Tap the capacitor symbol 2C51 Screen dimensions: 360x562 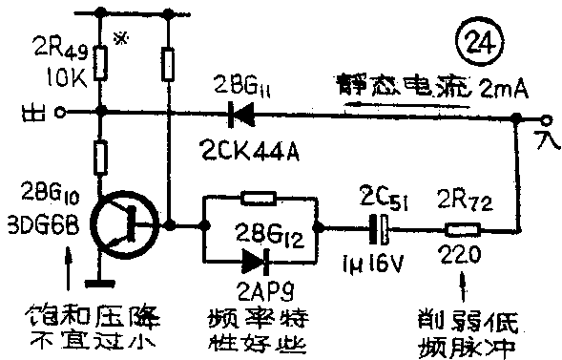pos(381,229)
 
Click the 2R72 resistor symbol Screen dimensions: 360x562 pos(465,229)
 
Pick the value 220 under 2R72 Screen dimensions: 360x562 pos(460,255)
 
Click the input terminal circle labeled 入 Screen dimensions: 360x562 pos(546,121)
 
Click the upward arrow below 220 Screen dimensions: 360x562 pos(464,284)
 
